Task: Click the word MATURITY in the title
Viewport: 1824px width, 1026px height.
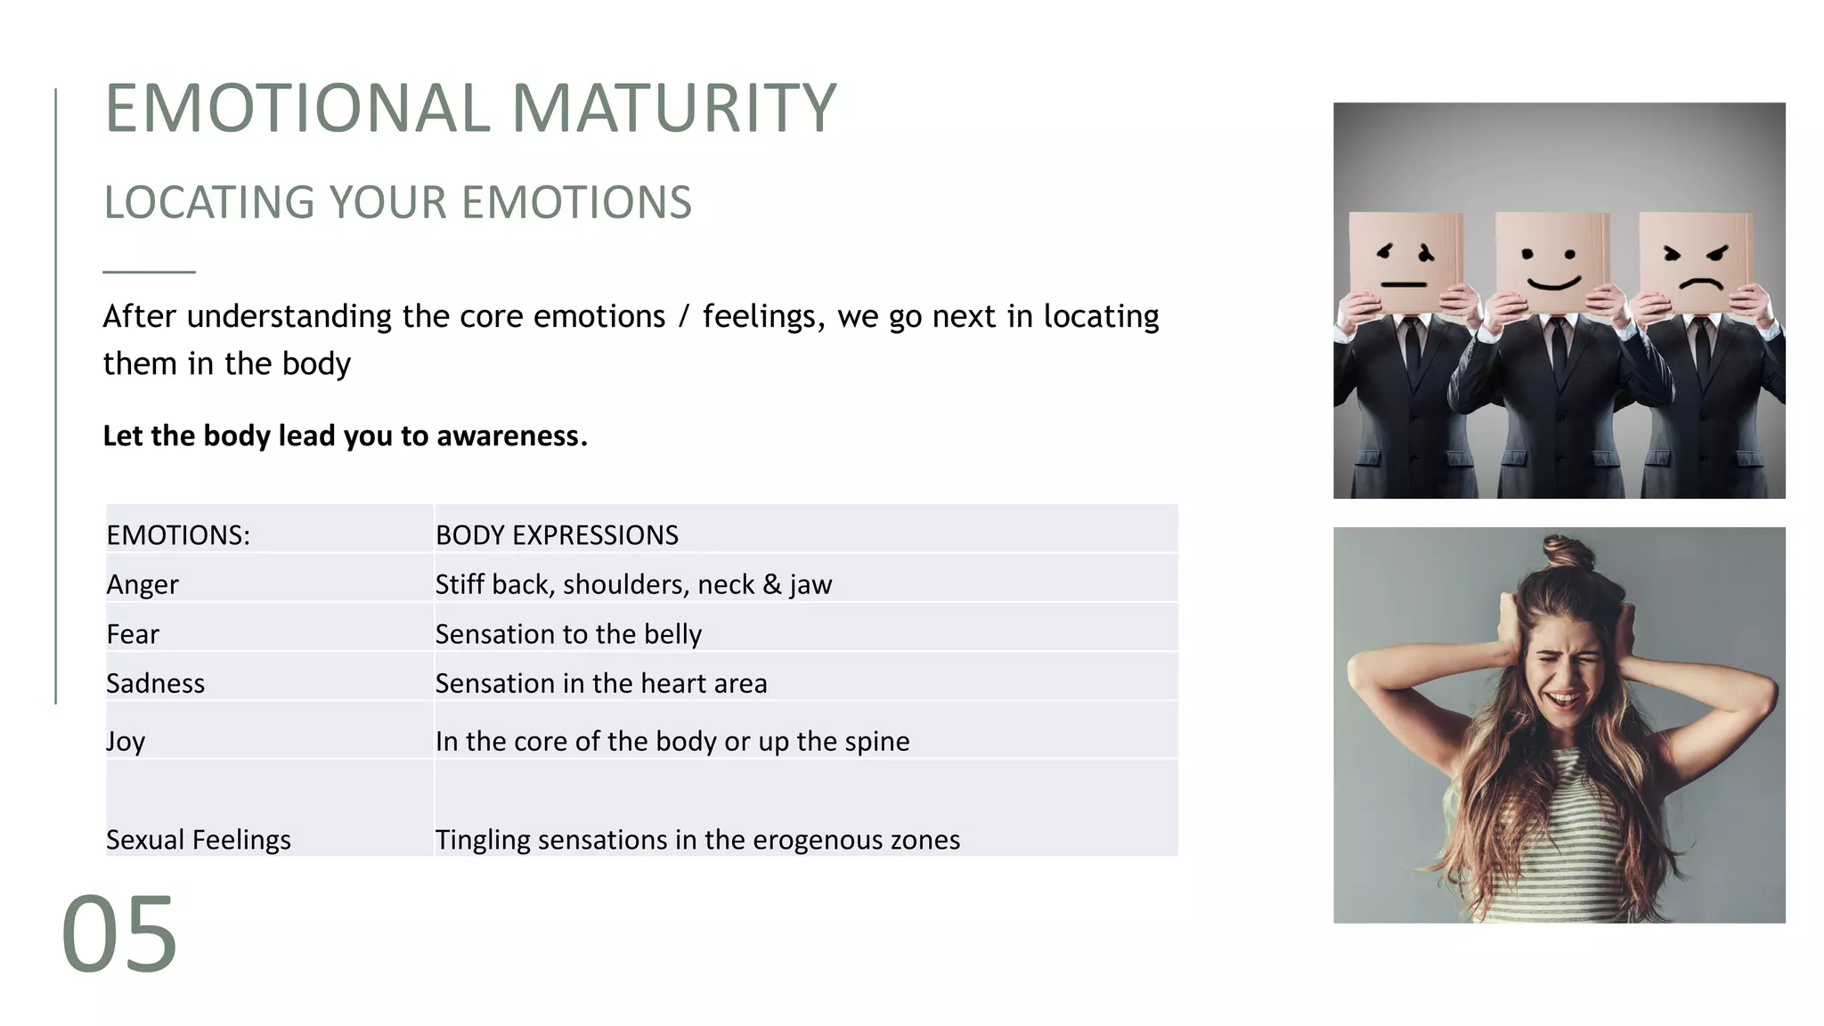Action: point(674,109)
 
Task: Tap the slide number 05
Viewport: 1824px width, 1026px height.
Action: point(119,935)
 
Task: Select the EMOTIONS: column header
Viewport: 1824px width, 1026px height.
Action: point(178,534)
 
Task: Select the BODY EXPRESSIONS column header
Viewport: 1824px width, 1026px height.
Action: point(557,534)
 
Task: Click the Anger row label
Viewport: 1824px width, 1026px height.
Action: point(142,584)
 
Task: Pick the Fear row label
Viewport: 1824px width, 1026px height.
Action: point(133,634)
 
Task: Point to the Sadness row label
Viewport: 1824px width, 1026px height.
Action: point(155,683)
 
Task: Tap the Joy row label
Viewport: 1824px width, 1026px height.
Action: point(126,741)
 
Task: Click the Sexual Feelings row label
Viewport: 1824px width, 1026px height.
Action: point(198,840)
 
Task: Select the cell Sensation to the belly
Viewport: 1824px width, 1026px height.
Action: point(568,634)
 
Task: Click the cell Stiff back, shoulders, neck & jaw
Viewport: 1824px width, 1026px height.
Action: point(633,584)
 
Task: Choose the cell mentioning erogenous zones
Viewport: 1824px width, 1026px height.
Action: point(697,840)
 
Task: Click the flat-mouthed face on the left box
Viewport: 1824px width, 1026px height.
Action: point(1405,267)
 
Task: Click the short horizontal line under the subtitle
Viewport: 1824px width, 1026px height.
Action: point(149,272)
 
